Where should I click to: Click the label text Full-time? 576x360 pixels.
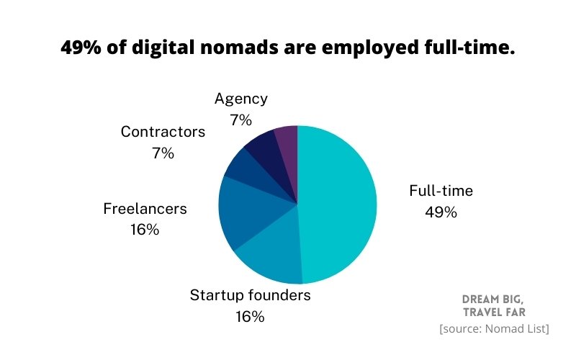click(441, 191)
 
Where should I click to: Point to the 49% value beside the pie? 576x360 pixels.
click(441, 212)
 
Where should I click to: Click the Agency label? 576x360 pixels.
click(240, 99)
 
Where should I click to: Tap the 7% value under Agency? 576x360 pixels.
click(240, 120)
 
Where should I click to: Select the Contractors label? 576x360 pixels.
click(163, 132)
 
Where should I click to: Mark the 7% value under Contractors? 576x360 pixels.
click(163, 153)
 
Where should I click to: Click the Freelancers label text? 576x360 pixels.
click(145, 209)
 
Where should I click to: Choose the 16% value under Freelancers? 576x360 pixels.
click(145, 230)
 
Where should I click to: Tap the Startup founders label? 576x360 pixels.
click(250, 294)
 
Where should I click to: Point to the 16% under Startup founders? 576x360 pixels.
click(250, 316)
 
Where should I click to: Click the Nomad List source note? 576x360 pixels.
click(494, 328)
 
